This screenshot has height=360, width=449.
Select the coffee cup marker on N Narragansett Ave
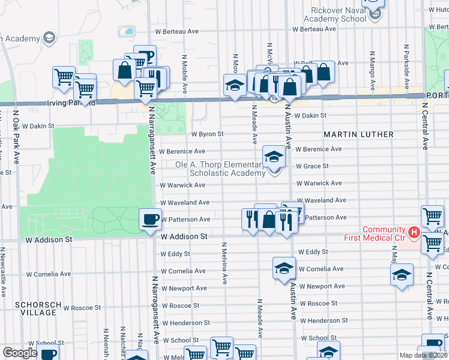point(150,219)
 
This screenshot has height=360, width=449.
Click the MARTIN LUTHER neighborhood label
point(359,134)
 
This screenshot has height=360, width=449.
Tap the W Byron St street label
point(207,134)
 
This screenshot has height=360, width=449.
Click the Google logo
point(20,353)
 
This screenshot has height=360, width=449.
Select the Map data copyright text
point(424,355)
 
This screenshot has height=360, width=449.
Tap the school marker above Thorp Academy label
point(274,158)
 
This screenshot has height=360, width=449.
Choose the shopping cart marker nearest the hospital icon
point(433,217)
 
